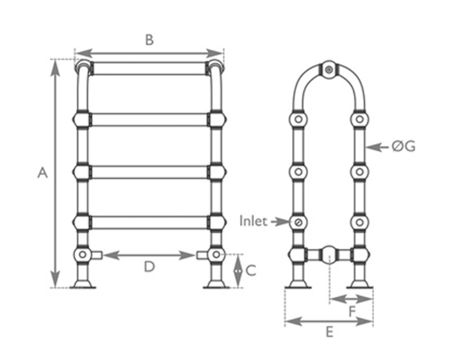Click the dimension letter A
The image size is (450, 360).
[42, 173]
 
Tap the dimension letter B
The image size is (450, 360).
[149, 40]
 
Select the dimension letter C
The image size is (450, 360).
[251, 270]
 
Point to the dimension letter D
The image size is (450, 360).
[149, 267]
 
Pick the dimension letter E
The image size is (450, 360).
[329, 333]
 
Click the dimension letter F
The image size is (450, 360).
[353, 311]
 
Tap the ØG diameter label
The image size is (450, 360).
[403, 147]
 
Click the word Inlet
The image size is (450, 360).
[253, 221]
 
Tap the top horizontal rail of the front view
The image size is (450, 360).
[149, 68]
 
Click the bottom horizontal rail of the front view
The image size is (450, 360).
[149, 222]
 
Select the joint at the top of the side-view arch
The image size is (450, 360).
[329, 70]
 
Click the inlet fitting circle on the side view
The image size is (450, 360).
[298, 222]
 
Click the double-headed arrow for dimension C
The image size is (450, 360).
[238, 270]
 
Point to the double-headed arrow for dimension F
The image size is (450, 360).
[351, 298]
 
